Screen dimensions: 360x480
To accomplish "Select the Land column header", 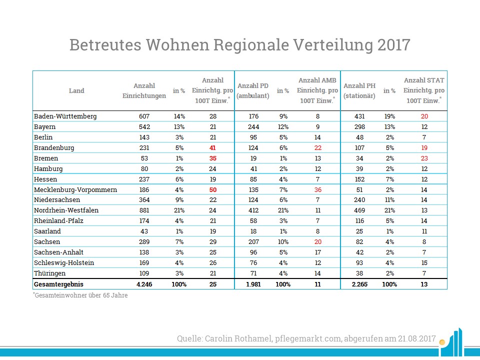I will coord(76,91).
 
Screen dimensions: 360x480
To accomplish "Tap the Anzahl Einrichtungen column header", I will coord(144,91).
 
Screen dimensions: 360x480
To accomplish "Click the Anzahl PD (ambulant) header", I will coord(253,91).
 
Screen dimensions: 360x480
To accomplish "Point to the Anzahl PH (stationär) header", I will coord(359,91).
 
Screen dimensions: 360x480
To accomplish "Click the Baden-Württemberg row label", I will coord(65,116).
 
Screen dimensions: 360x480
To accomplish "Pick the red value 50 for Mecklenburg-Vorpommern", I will coord(213,189).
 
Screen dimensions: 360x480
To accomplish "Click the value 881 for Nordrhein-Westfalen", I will coord(144,210).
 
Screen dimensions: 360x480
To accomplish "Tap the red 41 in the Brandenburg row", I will coord(213,148).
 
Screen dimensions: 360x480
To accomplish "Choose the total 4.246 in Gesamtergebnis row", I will coord(144,284).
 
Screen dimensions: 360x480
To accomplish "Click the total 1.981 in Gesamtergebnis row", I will coord(253,284).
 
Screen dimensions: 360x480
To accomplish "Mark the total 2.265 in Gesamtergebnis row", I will coord(359,284).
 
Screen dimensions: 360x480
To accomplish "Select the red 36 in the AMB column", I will coord(317,189).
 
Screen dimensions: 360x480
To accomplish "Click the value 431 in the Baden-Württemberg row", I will coord(359,116).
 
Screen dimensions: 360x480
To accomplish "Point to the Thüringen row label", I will coord(50,273).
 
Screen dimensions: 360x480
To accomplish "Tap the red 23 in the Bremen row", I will coord(424,158).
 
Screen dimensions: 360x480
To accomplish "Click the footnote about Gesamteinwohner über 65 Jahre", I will coord(80,295).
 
